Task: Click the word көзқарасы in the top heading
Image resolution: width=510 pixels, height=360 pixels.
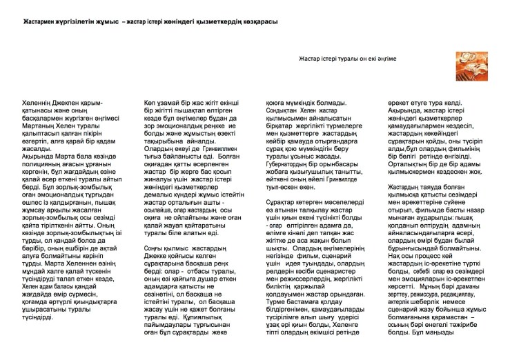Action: [x=258, y=23]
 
